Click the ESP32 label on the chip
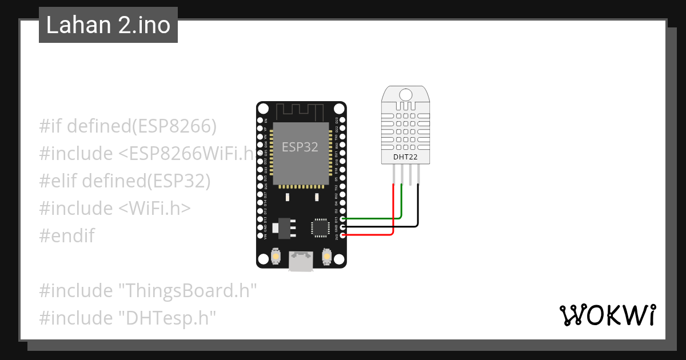tap(300, 147)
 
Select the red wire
tap(393, 211)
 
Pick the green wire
tap(401, 206)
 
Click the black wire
tap(418, 209)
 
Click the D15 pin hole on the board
tap(342, 219)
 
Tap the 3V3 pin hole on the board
tap(342, 235)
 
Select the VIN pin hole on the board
tap(265, 235)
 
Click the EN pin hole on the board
tap(265, 121)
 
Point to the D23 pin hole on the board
tap(342, 121)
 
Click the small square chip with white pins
tap(320, 227)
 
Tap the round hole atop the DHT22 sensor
tap(406, 95)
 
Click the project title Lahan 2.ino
tap(108, 25)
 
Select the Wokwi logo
tap(607, 315)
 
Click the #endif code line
tap(67, 235)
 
